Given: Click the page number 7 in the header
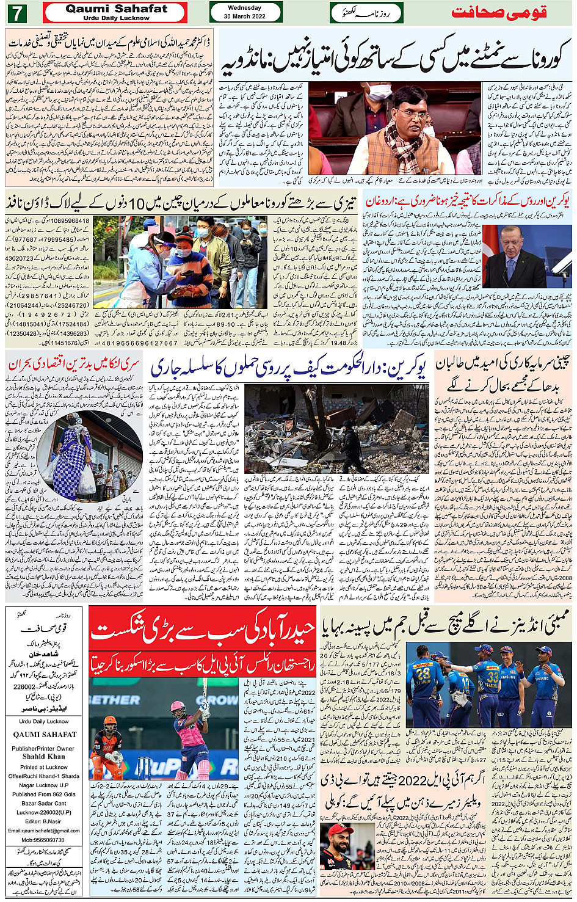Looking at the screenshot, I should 16,12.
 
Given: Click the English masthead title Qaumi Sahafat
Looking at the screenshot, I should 116,9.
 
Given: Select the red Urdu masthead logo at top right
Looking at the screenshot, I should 499,13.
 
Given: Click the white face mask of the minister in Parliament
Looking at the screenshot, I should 379,92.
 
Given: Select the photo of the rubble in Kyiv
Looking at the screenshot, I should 336,429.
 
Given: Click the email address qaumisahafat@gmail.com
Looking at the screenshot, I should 44,831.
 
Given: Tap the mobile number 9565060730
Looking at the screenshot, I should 44,840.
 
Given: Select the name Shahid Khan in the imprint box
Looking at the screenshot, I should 44,757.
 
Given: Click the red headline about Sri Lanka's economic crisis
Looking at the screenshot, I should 74,365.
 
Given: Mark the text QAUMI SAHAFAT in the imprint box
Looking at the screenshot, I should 45,735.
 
